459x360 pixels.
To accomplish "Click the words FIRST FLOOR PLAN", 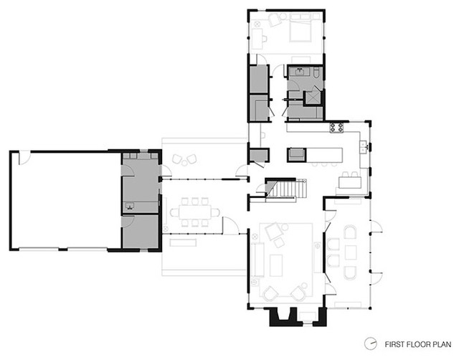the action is pos(417,344).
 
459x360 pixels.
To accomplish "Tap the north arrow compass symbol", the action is pos(371,344).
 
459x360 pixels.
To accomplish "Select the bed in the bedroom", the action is pos(301,28).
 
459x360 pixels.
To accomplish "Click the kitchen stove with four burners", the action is pos(336,128).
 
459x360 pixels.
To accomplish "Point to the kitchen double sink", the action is pos(364,146).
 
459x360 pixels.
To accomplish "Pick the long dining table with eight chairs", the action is pos(195,212).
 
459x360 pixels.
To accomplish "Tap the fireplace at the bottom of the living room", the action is pos(298,316).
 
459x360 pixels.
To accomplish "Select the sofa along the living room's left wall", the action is pos(258,260).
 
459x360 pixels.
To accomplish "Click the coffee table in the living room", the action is pos(276,265).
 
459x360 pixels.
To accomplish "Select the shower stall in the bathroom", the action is pos(313,98).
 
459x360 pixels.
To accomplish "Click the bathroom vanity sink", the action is pos(300,72).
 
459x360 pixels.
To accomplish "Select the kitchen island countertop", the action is pos(315,155).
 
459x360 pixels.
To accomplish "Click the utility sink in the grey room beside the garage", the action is pos(130,206).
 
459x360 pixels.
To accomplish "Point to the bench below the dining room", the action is pos(183,242).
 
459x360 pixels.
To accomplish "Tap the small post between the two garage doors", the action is pos(63,249).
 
